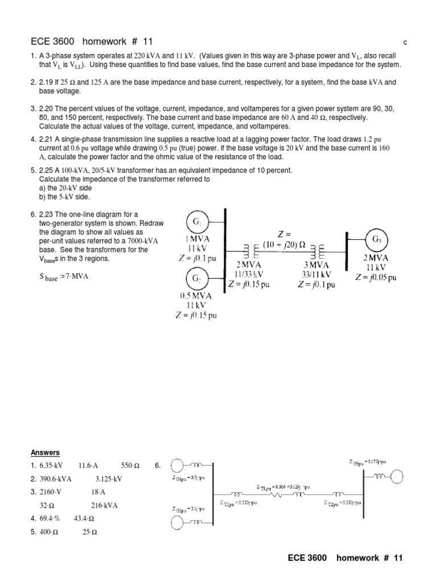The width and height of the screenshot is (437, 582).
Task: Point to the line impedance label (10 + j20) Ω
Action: [x=284, y=245]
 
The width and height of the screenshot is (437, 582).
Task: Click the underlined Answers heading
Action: [x=45, y=452]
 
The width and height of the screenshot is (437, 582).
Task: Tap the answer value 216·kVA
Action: [x=104, y=505]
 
